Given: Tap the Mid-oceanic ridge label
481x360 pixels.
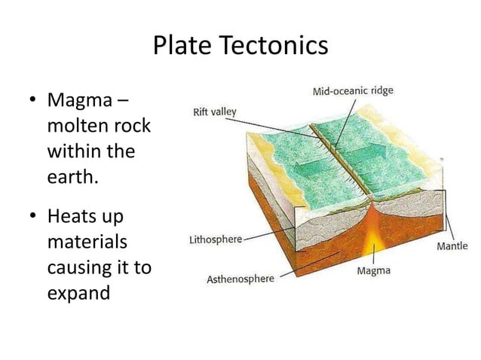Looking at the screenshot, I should pyautogui.click(x=352, y=92).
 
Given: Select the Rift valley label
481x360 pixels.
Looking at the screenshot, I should pyautogui.click(x=214, y=112).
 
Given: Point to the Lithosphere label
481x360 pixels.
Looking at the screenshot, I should pyautogui.click(x=215, y=239).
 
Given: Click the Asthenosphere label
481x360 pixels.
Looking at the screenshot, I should pyautogui.click(x=240, y=279).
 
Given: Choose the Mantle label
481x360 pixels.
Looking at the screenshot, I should pyautogui.click(x=452, y=246).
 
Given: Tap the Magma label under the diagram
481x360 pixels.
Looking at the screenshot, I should pyautogui.click(x=373, y=270).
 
